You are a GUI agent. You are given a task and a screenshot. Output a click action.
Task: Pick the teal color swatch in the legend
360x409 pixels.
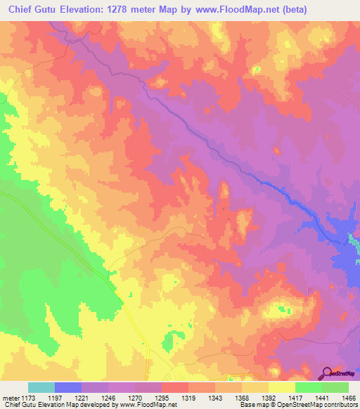point(41,387)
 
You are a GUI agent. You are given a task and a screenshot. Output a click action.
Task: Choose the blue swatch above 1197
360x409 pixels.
point(68,387)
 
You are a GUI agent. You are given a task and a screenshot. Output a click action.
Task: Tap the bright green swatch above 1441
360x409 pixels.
point(308,387)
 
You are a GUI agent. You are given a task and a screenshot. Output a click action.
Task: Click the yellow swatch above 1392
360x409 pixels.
point(255,387)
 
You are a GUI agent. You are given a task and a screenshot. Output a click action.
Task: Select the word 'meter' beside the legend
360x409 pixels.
point(11,396)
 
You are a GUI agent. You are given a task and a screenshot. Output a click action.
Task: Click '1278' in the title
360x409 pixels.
point(127,10)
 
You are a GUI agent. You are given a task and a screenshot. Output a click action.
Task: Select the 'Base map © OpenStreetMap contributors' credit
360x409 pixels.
point(298,405)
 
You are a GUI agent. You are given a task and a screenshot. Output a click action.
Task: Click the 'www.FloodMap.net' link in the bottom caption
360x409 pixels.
point(148,405)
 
